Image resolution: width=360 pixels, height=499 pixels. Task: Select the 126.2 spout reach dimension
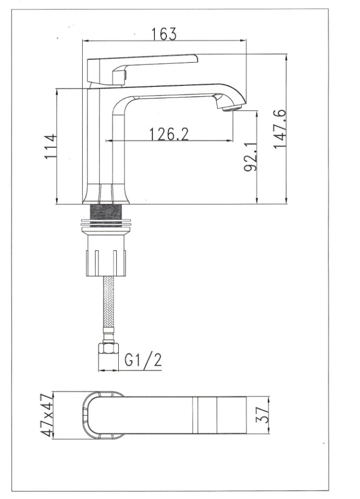(169, 134)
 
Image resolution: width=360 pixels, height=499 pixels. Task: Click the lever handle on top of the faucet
(152, 62)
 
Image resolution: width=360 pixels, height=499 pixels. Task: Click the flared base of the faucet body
(109, 195)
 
